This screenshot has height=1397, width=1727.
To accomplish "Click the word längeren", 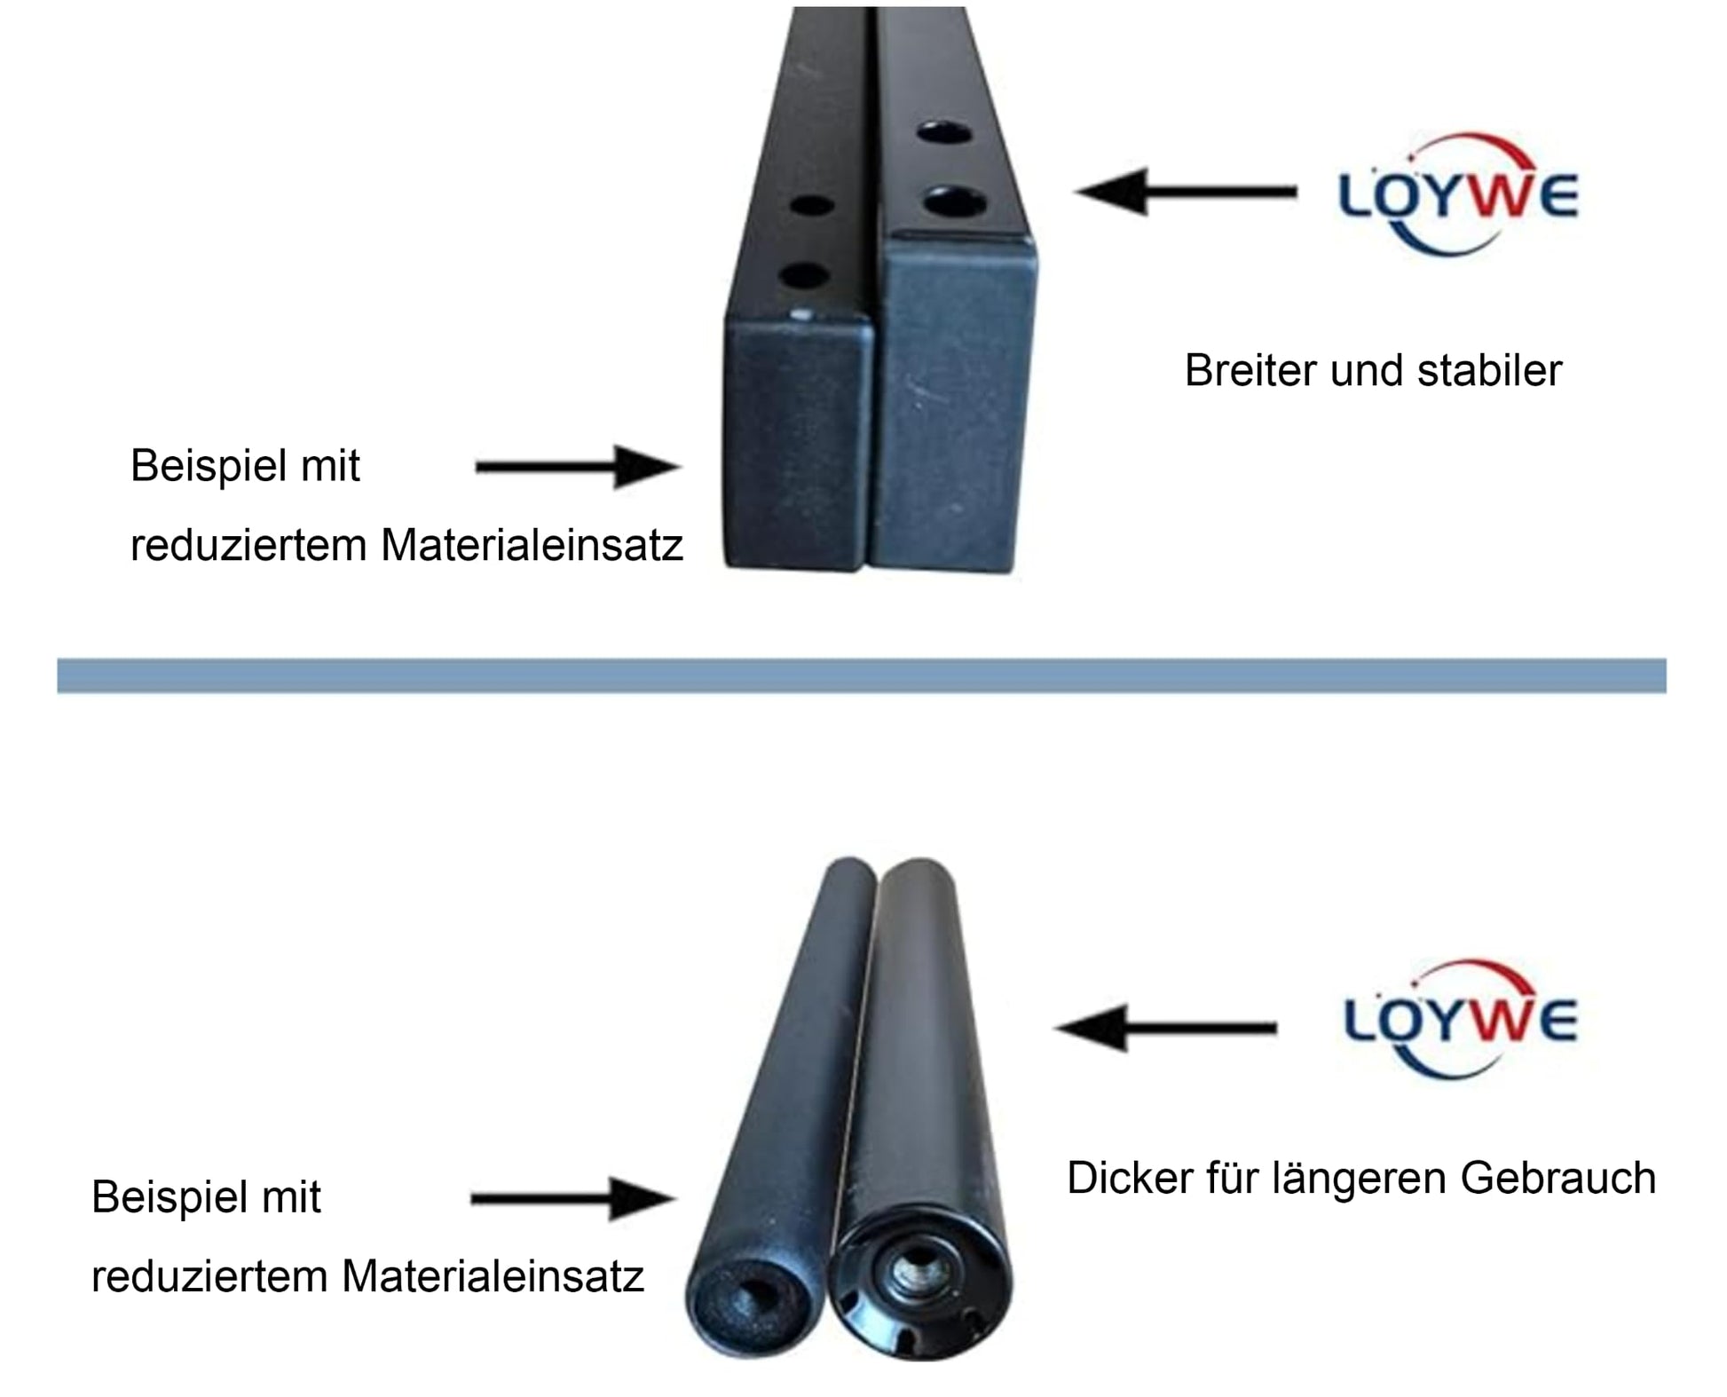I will click(1359, 1179).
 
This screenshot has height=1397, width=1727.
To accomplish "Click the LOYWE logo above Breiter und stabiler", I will click(1458, 195).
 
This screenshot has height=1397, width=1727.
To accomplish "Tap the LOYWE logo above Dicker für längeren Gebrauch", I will click(1461, 1019).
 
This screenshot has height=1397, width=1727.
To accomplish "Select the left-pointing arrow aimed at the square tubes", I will click(1185, 192).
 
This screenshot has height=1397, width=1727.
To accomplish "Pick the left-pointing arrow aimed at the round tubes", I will click(1165, 1028).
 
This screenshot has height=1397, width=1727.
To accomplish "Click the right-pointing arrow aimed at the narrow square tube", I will click(579, 467).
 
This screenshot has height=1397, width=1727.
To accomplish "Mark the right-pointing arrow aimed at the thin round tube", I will click(573, 1198).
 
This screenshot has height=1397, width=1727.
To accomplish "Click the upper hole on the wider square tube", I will click(944, 134).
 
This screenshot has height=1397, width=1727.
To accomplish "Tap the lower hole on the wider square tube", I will click(954, 201).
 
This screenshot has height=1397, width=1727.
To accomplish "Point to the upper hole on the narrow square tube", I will click(811, 206).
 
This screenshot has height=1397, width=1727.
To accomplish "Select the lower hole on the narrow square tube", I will click(803, 276).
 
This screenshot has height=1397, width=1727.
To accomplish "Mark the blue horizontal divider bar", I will click(862, 675).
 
